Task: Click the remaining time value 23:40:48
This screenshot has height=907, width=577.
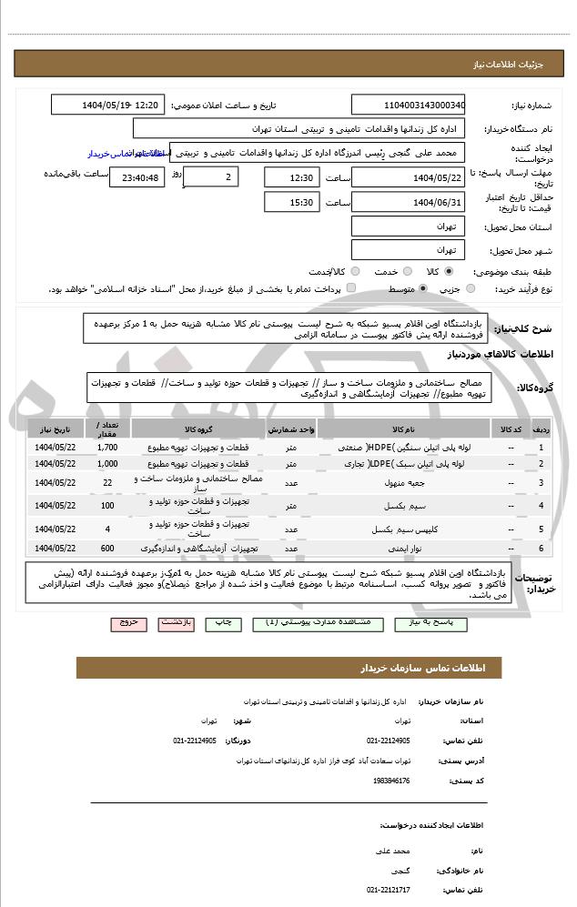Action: [137, 177]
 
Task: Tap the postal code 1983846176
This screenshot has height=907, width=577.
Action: [391, 781]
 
